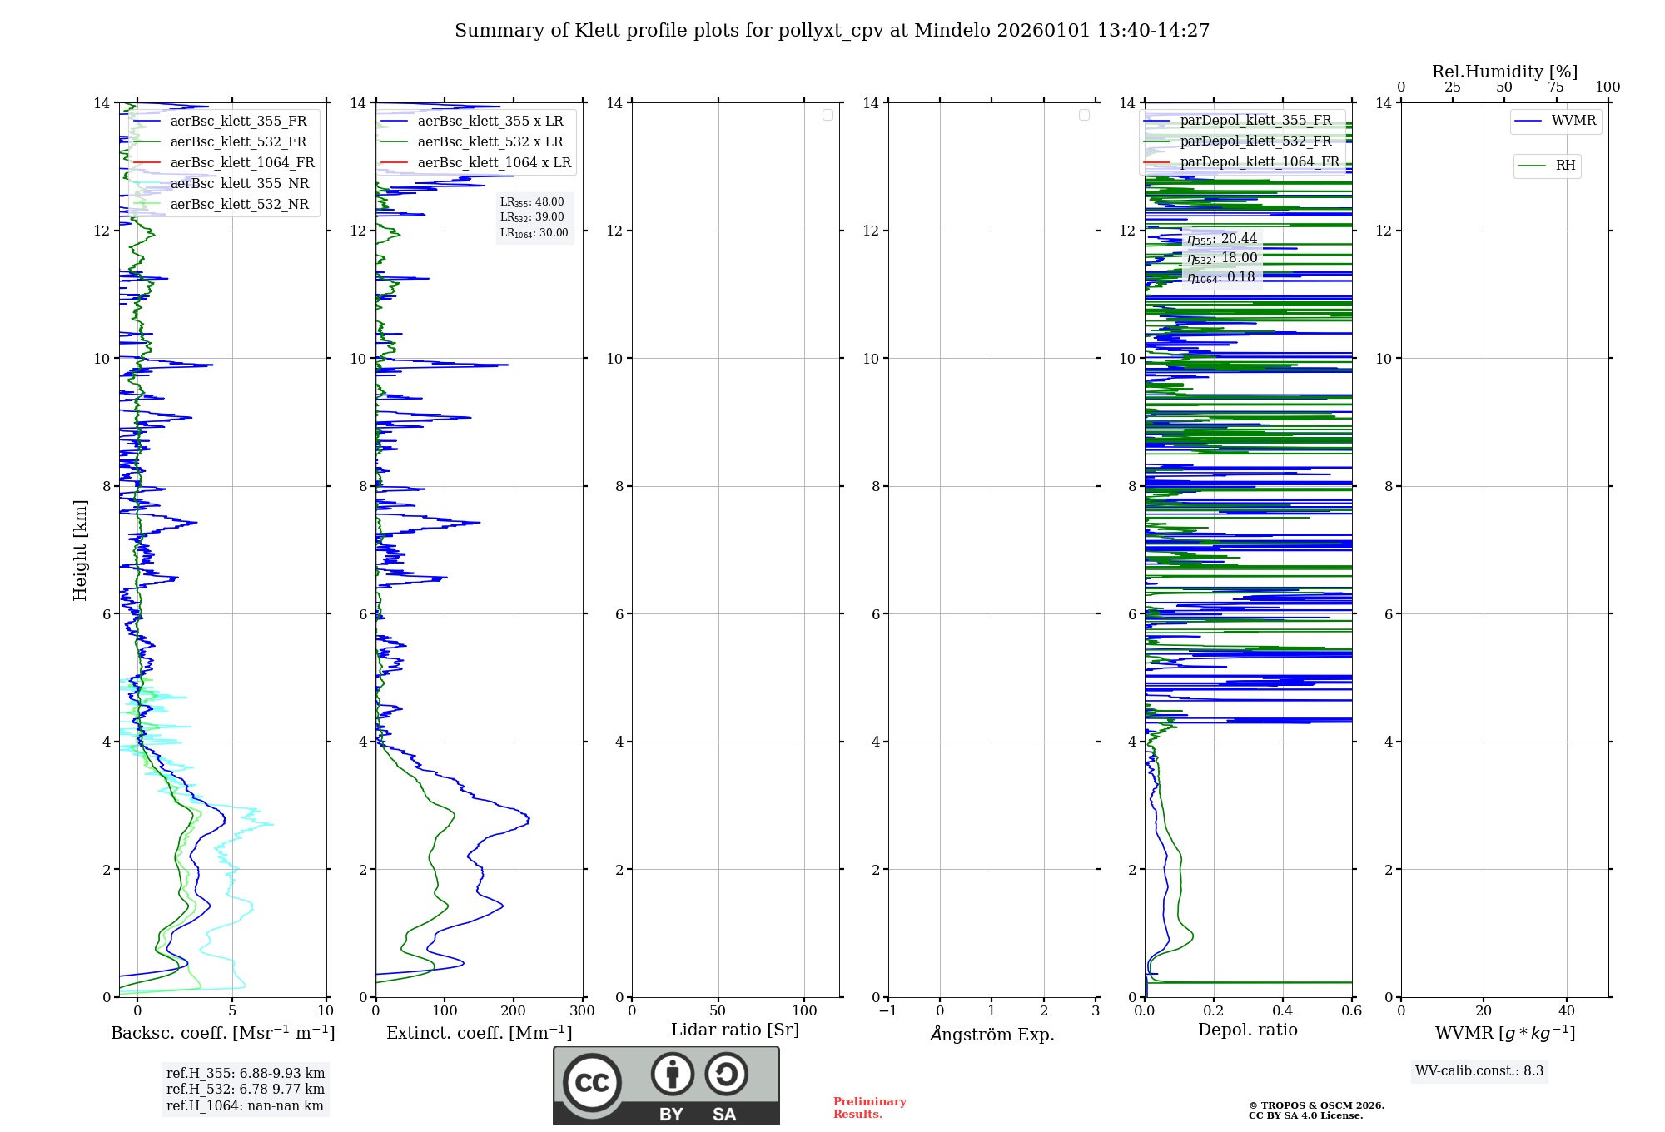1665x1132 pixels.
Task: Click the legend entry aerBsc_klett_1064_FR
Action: click(241, 163)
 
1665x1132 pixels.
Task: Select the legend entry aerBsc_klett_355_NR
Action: click(239, 184)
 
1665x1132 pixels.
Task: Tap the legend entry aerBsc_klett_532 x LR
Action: click(490, 142)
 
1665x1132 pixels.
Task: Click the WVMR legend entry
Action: click(1573, 122)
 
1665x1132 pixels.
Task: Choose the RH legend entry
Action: click(1564, 166)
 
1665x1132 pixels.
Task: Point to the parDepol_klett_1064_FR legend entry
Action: click(1259, 162)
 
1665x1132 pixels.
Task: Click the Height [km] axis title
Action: click(80, 550)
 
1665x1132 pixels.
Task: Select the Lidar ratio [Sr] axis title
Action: click(735, 1030)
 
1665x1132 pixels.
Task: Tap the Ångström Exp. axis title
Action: click(992, 1035)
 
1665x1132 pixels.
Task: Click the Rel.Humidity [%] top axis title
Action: click(1504, 72)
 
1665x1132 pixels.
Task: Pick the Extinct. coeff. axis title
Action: click(479, 1034)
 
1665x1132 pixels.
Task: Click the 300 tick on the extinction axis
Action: click(583, 1011)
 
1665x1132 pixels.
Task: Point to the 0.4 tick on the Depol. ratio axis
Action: click(1283, 1011)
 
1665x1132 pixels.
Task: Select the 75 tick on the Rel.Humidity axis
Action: click(1556, 87)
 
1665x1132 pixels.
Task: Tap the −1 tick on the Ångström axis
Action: click(888, 1011)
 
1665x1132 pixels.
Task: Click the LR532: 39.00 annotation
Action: click(532, 217)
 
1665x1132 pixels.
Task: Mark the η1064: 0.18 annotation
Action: click(1220, 277)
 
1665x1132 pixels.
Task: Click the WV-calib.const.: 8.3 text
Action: click(1479, 1071)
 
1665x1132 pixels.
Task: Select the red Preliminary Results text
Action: click(869, 1108)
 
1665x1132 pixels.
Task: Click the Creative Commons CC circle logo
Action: click(592, 1083)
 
